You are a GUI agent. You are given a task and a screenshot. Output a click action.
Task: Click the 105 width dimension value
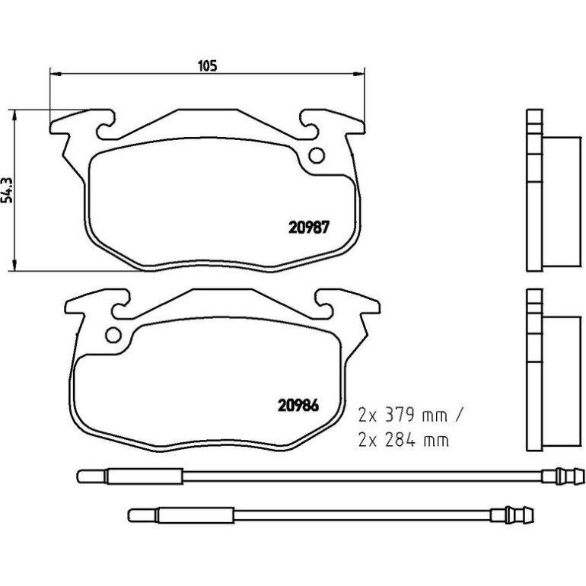207,65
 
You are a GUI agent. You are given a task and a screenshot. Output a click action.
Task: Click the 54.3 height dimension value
7,190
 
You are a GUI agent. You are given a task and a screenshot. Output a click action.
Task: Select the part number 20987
309,228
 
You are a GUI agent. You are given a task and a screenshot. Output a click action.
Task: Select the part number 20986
298,406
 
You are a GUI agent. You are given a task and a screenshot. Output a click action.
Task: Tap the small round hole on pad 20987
317,155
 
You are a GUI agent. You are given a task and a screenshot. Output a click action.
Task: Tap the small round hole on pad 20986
113,335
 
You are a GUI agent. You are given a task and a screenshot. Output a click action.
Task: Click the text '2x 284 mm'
403,440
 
